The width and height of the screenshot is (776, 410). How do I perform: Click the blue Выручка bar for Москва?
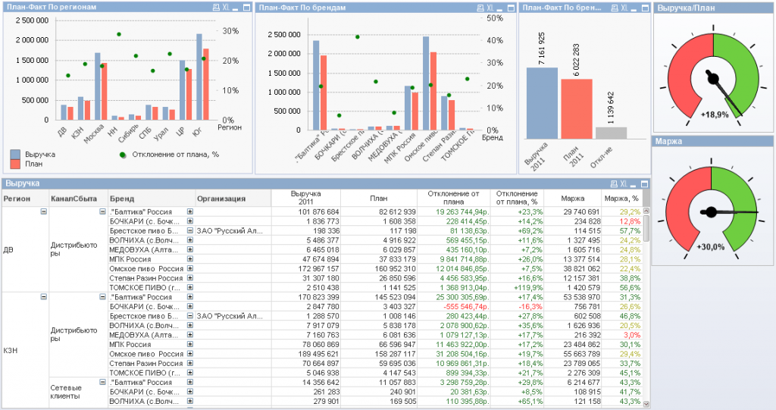(x=97, y=86)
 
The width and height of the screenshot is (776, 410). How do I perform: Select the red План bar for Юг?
(x=205, y=84)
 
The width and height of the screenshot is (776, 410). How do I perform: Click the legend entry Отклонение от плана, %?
(x=170, y=154)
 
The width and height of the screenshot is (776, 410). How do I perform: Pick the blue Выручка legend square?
(x=15, y=154)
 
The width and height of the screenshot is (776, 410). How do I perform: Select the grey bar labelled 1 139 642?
(x=611, y=133)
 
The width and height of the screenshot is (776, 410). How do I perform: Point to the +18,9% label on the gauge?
(x=715, y=114)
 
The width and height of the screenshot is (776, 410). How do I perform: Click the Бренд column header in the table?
(x=122, y=199)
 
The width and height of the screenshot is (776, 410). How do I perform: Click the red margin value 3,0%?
(x=631, y=334)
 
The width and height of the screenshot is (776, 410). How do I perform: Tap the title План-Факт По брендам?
(x=303, y=7)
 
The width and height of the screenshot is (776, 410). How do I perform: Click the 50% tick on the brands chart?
(x=495, y=18)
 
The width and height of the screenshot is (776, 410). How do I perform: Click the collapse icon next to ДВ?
(x=42, y=211)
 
